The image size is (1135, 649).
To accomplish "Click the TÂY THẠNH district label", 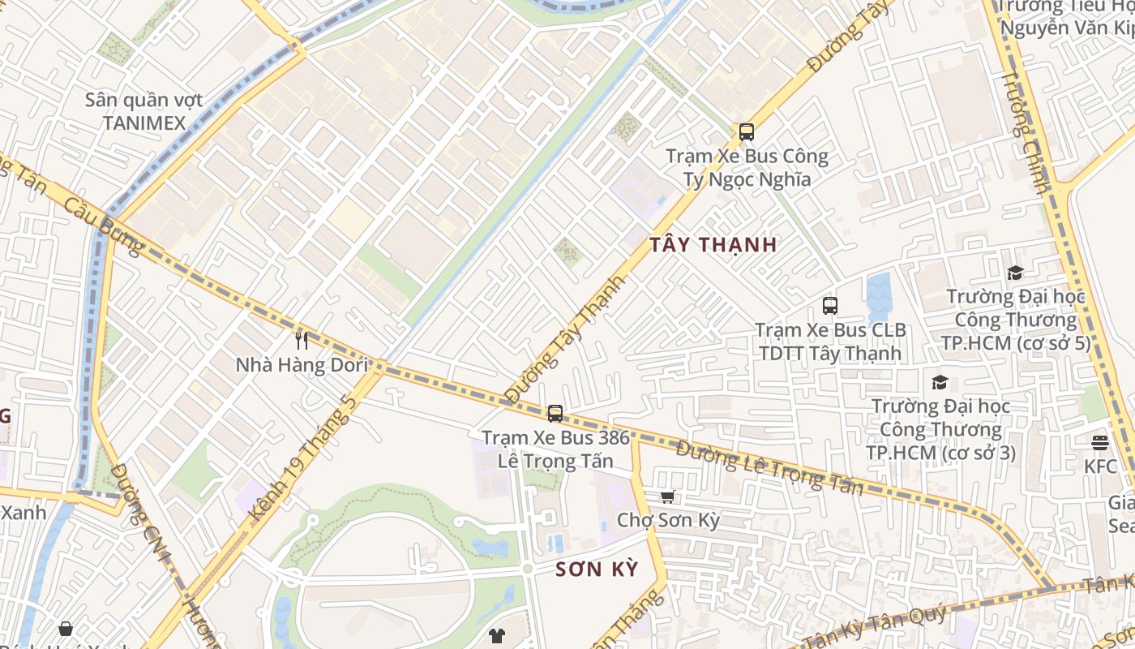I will click(713, 244).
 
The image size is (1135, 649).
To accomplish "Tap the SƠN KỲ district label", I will click(597, 569).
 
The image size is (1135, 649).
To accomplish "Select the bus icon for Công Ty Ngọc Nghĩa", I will click(746, 131).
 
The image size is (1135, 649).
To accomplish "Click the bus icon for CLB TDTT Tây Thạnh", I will click(829, 306).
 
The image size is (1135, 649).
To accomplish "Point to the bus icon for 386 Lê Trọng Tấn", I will click(555, 414).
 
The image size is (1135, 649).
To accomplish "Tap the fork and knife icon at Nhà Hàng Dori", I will click(302, 340).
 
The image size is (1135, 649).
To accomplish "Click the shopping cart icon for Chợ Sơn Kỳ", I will click(667, 496).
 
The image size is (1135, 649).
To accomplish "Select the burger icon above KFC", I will click(1099, 442).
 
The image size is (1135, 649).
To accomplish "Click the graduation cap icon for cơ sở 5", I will click(1015, 273).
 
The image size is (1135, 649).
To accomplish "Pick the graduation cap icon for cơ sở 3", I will click(940, 381).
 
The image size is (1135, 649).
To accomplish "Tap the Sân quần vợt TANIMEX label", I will click(144, 112).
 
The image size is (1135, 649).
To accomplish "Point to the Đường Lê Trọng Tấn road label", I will click(769, 468).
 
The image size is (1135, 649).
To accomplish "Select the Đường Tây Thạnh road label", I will click(565, 339).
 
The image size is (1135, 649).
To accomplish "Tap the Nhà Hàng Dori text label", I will click(302, 365).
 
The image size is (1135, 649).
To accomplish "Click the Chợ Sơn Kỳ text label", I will click(668, 520).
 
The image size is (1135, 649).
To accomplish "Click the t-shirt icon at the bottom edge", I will click(496, 635).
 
